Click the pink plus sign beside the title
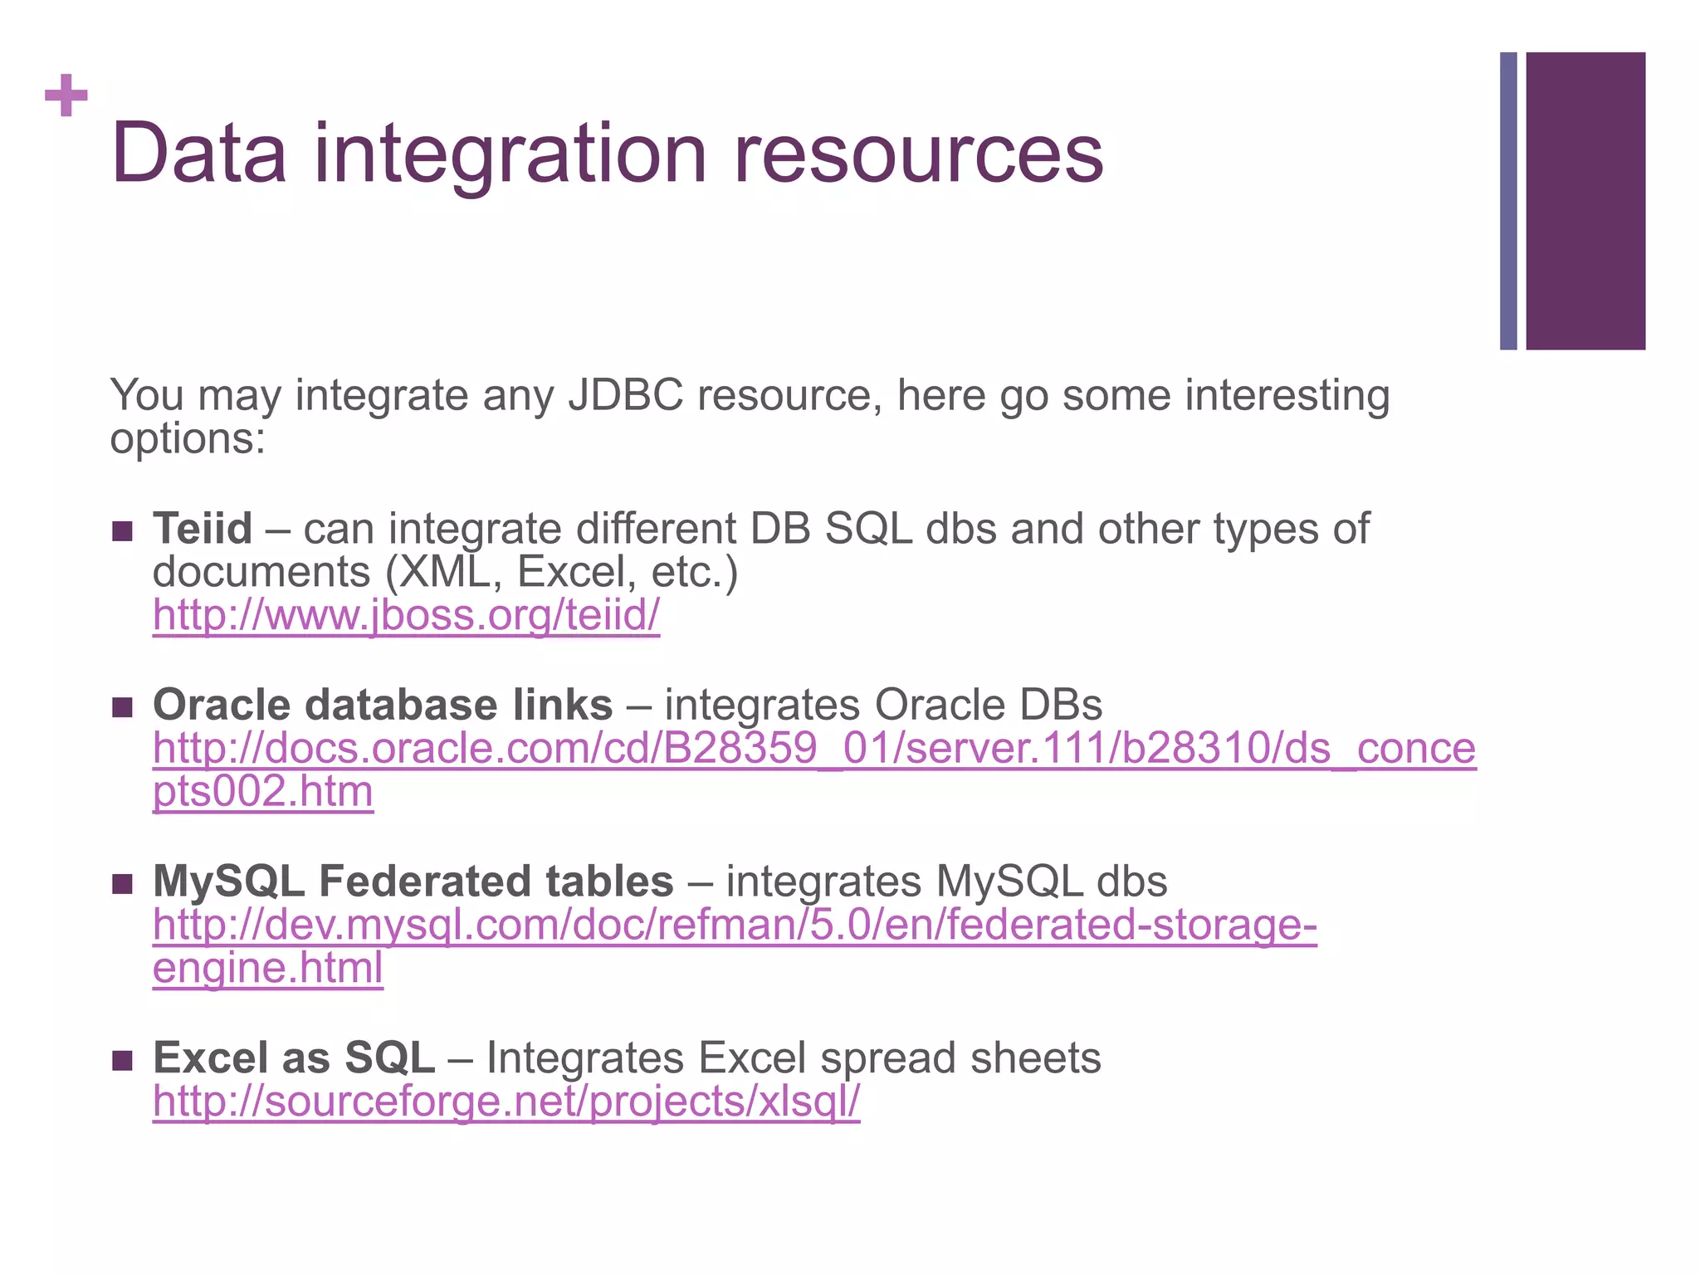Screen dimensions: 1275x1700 click(x=66, y=95)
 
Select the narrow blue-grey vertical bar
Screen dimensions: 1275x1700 click(x=1508, y=201)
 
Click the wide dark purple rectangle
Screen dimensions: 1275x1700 click(x=1585, y=201)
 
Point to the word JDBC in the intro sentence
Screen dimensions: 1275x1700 click(x=626, y=395)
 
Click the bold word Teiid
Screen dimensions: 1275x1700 click(x=203, y=529)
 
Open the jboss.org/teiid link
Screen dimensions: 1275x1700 click(x=406, y=616)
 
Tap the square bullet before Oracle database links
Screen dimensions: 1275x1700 click(x=122, y=707)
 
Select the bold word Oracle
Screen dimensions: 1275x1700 click(x=222, y=706)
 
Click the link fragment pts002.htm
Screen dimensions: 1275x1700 click(x=263, y=792)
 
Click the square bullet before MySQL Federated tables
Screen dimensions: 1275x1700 click(x=122, y=884)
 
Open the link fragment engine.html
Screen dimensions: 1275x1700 click(x=267, y=969)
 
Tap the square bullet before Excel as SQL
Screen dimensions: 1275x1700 click(x=122, y=1061)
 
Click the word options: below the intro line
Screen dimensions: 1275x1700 click(x=188, y=438)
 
